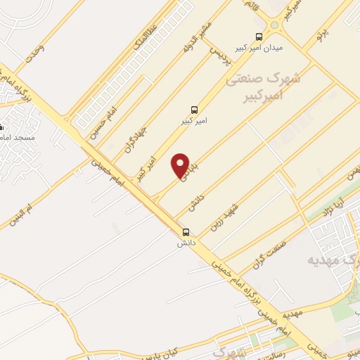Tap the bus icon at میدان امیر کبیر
[x=259, y=37]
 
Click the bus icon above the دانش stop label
[x=186, y=232]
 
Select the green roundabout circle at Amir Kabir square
[x=274, y=24]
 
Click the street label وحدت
[x=33, y=54]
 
